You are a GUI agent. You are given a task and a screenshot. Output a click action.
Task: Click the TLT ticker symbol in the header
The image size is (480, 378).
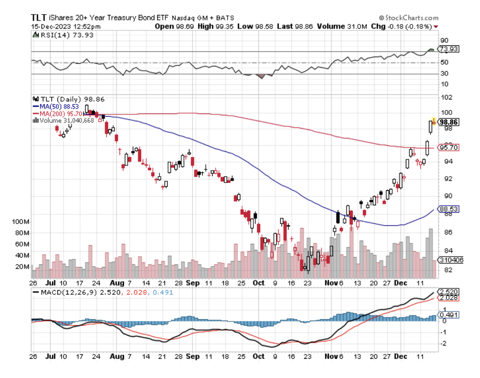(40, 18)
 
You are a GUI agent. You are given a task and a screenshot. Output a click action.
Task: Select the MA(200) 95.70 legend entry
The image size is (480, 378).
(56, 114)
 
